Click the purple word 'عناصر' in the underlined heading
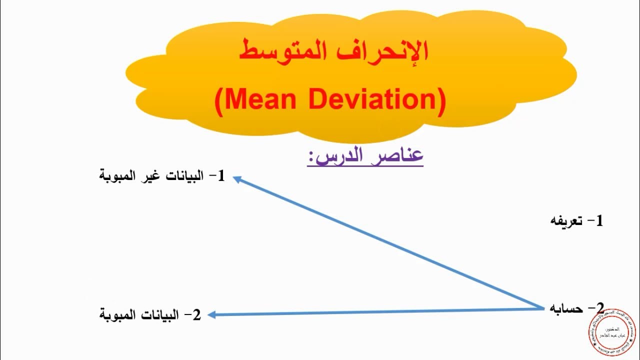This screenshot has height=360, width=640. coord(399,156)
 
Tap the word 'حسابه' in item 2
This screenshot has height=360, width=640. coord(566,308)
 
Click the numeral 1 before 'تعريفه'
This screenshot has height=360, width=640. coord(598,220)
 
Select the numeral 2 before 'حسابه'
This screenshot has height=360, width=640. coord(599,308)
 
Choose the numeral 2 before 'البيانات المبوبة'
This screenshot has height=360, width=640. coord(196,315)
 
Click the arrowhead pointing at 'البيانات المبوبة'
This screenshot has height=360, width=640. coord(212,314)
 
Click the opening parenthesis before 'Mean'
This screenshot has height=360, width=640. coord(220,100)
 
